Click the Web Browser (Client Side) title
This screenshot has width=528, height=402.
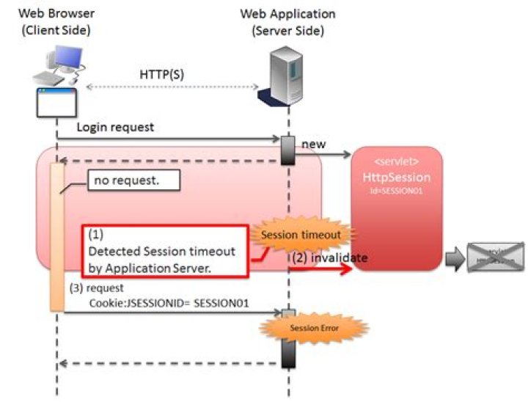(56, 21)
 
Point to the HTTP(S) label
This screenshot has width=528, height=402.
(167, 75)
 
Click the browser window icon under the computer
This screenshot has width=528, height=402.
(56, 103)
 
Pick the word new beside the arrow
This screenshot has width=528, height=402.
(314, 145)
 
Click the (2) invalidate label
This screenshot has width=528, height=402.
(330, 257)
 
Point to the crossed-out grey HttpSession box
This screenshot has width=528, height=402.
(496, 257)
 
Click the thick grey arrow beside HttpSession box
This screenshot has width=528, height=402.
(455, 257)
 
